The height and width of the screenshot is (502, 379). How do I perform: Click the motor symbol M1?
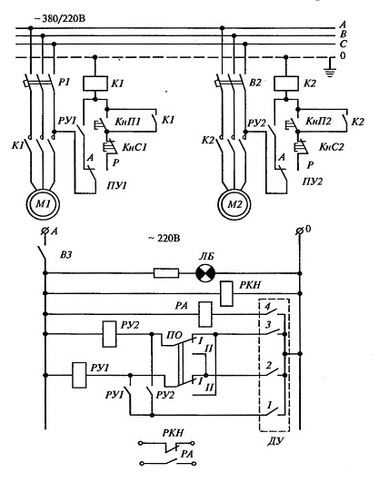coord(43,204)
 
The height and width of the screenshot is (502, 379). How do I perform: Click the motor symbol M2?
coord(234,204)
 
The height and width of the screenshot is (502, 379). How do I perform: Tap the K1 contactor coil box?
coord(95,84)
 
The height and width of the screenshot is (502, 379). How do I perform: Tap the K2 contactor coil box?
coord(286,84)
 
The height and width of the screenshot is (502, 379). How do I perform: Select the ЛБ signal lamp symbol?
coord(205,273)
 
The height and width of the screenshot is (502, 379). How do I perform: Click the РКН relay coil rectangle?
coord(226,293)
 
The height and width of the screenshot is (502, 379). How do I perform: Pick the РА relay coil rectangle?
coord(205,314)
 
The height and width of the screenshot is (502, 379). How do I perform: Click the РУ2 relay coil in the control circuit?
coord(109,334)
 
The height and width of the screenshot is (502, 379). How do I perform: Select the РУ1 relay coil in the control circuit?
coord(79,375)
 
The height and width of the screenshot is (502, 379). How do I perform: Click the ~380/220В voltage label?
coord(60,19)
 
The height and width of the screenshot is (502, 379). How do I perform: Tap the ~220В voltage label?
coord(164,238)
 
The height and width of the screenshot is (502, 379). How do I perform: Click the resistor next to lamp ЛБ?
coord(166,273)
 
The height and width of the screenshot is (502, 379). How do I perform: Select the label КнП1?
coord(127,121)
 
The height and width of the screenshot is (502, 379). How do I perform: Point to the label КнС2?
coord(331,147)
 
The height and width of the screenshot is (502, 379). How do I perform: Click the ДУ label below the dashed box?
coord(275,441)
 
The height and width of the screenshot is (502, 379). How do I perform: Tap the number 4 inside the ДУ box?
coord(268,306)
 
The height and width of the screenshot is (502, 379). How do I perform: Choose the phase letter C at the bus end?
coord(343,44)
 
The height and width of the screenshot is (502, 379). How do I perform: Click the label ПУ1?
coord(116,185)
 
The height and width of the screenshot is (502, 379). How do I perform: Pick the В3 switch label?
coord(65,255)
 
